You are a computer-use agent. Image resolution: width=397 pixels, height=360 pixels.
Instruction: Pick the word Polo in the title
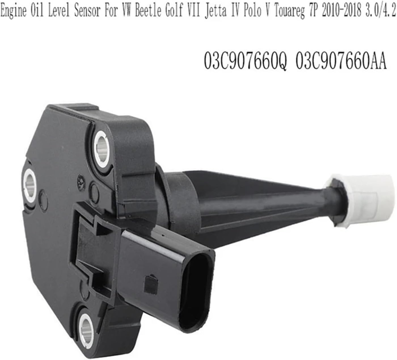pyautogui.click(x=251, y=12)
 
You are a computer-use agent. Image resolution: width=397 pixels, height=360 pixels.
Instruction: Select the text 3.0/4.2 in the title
pyautogui.click(x=381, y=12)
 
